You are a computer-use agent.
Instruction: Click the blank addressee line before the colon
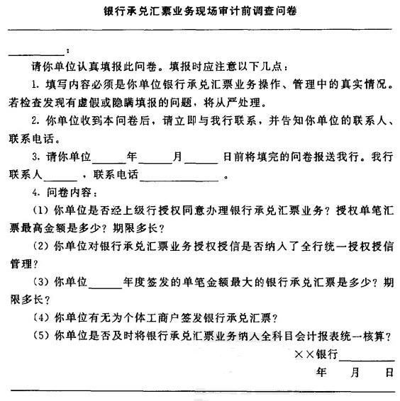(x=36, y=53)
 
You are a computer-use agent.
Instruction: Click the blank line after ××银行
(x=366, y=354)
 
